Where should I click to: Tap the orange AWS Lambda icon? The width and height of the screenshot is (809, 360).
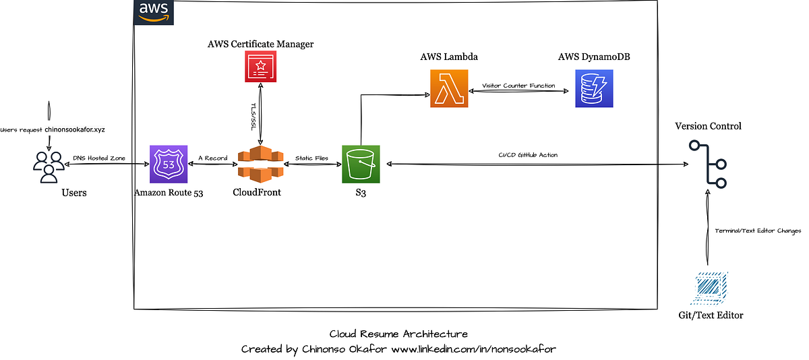click(x=449, y=89)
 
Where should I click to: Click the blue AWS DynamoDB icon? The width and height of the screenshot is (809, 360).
click(x=594, y=89)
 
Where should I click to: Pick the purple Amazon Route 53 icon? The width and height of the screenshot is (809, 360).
click(x=169, y=164)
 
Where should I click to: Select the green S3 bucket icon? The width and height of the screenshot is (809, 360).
click(x=361, y=164)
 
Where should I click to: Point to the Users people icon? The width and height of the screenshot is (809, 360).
click(x=49, y=167)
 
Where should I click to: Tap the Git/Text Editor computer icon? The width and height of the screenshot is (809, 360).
click(x=711, y=289)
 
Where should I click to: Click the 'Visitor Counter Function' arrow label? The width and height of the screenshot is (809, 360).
click(x=518, y=86)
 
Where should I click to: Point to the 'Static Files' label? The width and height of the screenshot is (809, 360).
click(x=311, y=158)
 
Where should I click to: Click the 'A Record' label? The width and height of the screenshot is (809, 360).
click(x=212, y=158)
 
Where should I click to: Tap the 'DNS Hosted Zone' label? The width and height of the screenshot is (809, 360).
click(x=100, y=157)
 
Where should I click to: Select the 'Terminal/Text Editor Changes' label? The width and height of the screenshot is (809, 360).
click(x=758, y=231)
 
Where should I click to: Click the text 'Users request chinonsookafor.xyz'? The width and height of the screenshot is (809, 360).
click(x=49, y=128)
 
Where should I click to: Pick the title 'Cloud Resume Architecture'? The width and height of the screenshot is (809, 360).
click(x=398, y=334)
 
